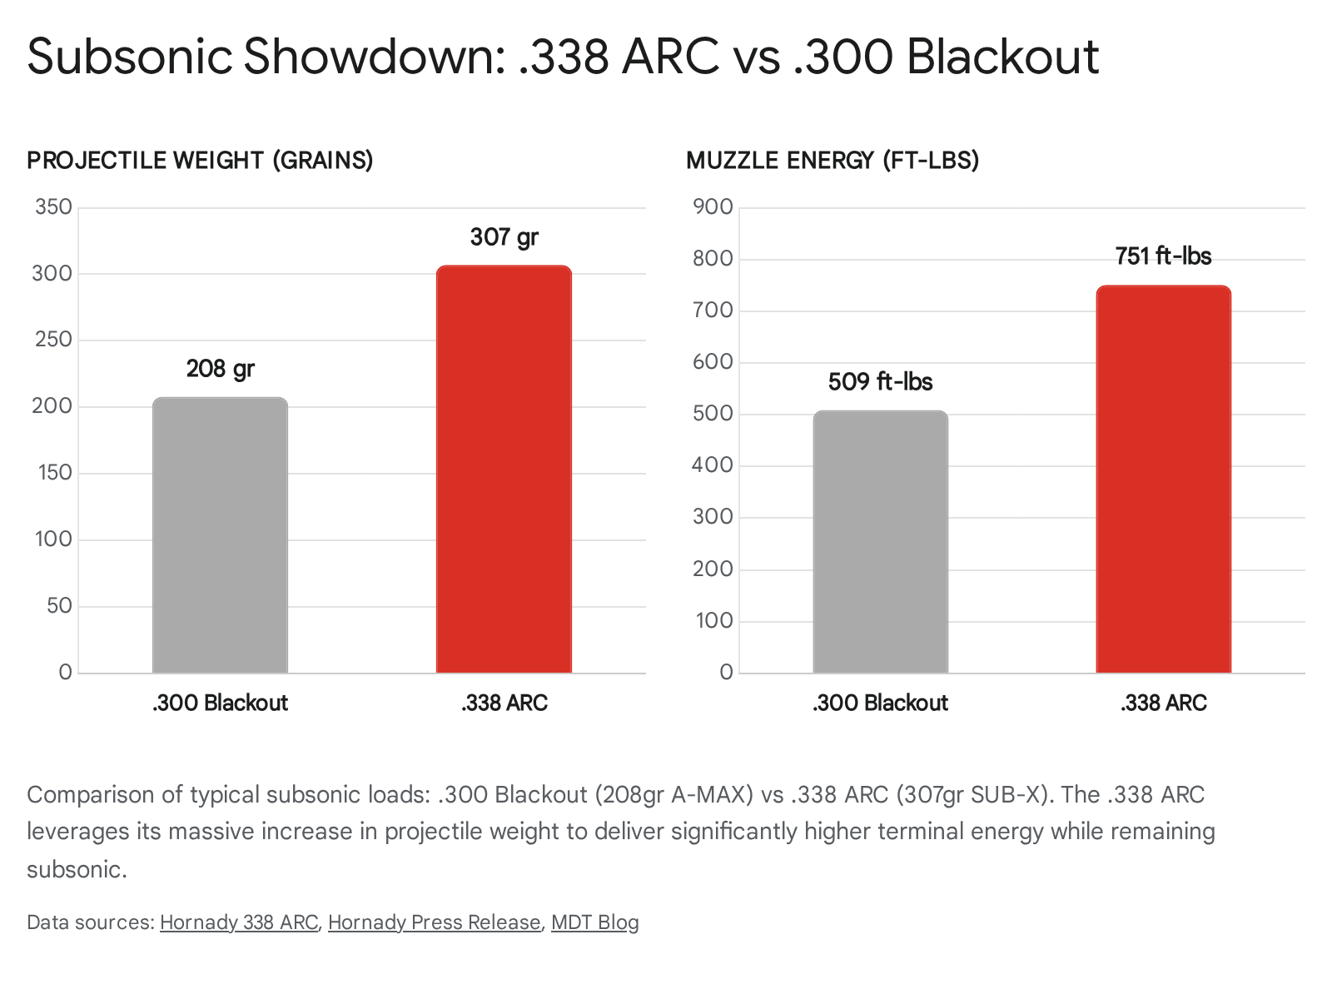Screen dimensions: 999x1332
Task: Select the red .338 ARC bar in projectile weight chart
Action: pos(504,470)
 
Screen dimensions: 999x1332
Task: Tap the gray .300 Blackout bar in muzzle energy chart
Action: pos(880,542)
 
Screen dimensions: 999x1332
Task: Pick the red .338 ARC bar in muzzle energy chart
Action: pos(1163,480)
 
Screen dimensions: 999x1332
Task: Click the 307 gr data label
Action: pos(504,237)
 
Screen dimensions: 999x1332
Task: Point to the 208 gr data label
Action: pos(220,369)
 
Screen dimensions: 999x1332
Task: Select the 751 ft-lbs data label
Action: pos(1163,256)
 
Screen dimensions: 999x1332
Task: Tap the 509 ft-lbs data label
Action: pos(880,382)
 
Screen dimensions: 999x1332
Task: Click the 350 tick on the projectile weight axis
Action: pos(53,207)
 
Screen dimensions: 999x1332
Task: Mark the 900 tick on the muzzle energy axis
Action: pos(713,207)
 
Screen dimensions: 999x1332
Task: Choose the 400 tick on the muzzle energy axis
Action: pos(713,465)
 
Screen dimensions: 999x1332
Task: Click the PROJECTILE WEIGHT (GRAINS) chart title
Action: pos(200,161)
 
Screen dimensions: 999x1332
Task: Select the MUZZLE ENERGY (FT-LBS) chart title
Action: pos(832,161)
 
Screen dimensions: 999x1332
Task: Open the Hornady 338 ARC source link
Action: pos(239,922)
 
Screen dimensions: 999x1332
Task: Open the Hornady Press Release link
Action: pos(434,922)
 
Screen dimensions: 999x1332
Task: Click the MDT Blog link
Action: pos(594,922)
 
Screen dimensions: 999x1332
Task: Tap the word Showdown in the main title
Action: pos(374,57)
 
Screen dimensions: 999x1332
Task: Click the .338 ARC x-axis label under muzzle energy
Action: pos(1163,703)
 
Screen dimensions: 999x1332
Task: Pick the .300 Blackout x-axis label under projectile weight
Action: pos(220,703)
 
